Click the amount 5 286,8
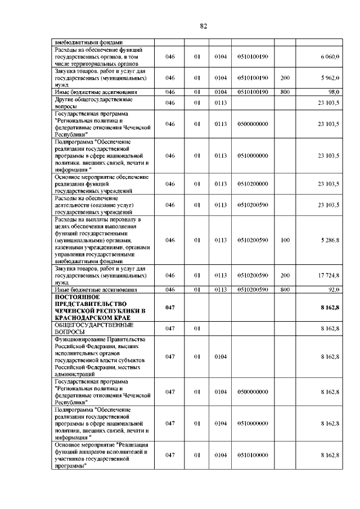pyautogui.click(x=330, y=240)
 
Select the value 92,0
pyautogui.click(x=334, y=290)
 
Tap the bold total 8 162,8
pyautogui.click(x=329, y=307)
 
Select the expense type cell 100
pyautogui.click(x=285, y=240)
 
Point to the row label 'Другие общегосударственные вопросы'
pyautogui.click(x=93, y=102)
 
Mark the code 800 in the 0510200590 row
pyautogui.click(x=285, y=290)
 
